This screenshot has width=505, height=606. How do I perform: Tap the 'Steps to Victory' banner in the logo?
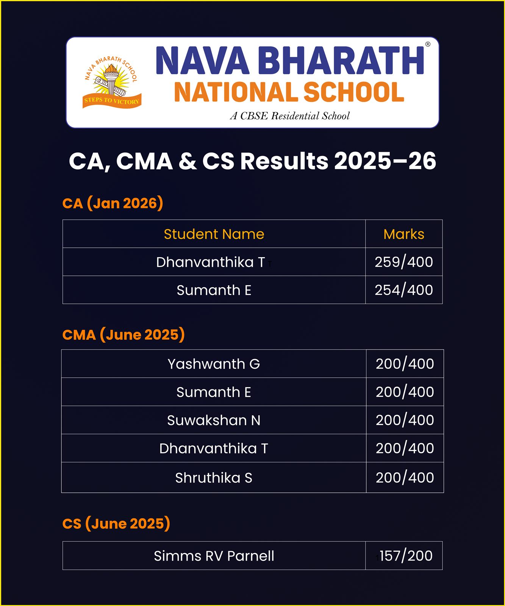(112, 101)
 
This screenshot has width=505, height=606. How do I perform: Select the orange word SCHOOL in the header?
(354, 92)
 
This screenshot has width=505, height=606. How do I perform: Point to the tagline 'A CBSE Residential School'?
(290, 116)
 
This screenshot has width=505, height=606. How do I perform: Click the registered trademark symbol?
(428, 44)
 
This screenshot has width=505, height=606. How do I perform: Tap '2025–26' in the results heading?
(385, 161)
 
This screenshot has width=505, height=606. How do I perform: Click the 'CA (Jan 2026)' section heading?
(113, 203)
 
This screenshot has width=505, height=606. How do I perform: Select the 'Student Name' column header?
(214, 234)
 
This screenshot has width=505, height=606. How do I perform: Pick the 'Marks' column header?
(404, 234)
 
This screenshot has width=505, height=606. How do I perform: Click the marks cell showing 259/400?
(404, 262)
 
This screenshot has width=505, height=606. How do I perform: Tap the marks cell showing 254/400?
(404, 290)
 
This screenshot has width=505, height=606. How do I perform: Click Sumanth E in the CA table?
(214, 290)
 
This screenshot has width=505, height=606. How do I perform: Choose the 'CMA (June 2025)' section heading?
(124, 335)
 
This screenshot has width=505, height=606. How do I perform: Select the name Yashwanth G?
(214, 364)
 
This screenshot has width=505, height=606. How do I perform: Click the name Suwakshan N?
(214, 420)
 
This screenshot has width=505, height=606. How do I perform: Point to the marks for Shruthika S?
(405, 478)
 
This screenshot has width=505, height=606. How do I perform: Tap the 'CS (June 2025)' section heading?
(116, 523)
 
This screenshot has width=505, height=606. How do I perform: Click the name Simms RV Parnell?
(214, 556)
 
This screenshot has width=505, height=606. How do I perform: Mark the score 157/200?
(405, 556)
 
